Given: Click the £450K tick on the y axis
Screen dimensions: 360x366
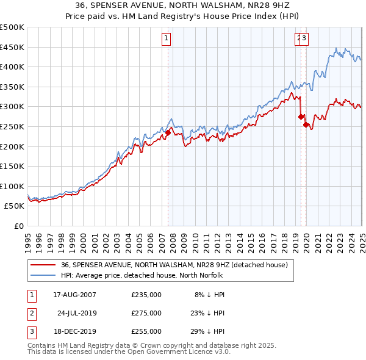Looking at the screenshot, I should [x=12, y=47].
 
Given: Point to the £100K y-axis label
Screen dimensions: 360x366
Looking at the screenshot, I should [x=12, y=186].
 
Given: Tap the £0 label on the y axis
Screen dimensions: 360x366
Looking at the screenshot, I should [x=20, y=226].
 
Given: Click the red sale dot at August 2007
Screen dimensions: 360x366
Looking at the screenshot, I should [x=168, y=132].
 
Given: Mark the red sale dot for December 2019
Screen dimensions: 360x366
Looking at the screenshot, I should [x=306, y=124].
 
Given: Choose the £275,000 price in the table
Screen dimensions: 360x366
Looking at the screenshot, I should [x=146, y=313].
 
